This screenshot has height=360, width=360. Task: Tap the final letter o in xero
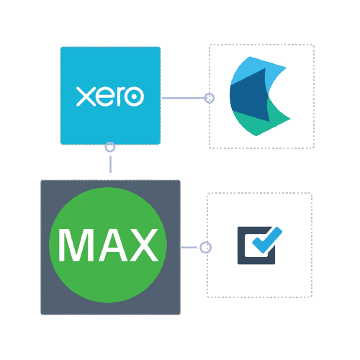(134, 96)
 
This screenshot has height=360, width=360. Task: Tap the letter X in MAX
(143, 245)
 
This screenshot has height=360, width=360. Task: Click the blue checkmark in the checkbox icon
(267, 240)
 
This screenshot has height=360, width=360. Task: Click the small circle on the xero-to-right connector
(210, 98)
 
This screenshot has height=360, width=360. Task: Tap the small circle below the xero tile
(110, 147)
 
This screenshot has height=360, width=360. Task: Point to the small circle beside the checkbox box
(206, 248)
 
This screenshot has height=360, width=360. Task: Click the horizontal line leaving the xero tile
(183, 98)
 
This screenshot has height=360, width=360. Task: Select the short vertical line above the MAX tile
(110, 164)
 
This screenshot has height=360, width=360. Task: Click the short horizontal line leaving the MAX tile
(189, 247)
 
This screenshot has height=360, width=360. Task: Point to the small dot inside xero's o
(134, 96)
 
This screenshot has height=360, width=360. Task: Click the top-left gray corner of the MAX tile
(41, 181)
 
